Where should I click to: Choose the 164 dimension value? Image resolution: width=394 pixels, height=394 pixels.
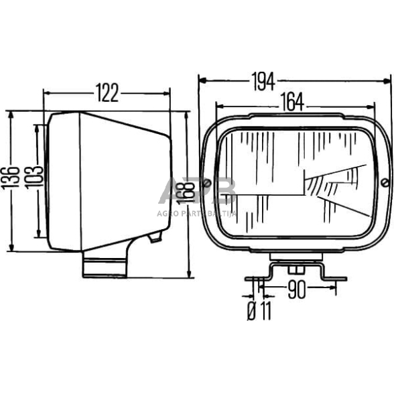pos(290,102)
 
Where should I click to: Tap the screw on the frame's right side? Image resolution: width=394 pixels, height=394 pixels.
pos(384,183)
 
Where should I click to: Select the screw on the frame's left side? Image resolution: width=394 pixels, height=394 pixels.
pos(209,184)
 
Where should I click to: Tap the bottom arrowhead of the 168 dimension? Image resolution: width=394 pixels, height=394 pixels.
pos(190,274)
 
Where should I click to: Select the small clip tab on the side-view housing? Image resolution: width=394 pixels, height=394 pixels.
pos(155,237)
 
